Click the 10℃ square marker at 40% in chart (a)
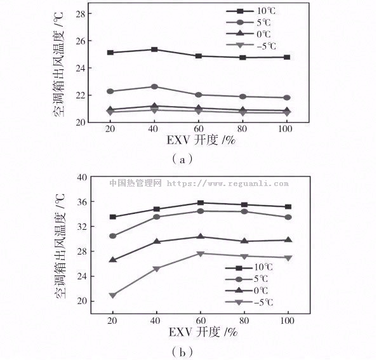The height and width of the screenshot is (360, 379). click(154, 50)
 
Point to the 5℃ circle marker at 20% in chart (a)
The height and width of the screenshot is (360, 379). click(110, 91)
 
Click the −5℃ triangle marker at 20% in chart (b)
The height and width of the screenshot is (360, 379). click(112, 295)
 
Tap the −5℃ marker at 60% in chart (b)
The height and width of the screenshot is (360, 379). click(200, 253)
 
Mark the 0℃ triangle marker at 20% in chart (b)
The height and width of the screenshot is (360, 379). click(112, 260)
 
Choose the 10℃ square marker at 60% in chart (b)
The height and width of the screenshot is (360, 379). click(200, 203)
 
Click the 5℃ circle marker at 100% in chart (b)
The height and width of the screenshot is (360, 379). click(288, 217)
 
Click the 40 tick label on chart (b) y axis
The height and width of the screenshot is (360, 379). click(80, 178)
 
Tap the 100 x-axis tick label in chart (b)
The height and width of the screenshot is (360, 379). click(288, 321)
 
